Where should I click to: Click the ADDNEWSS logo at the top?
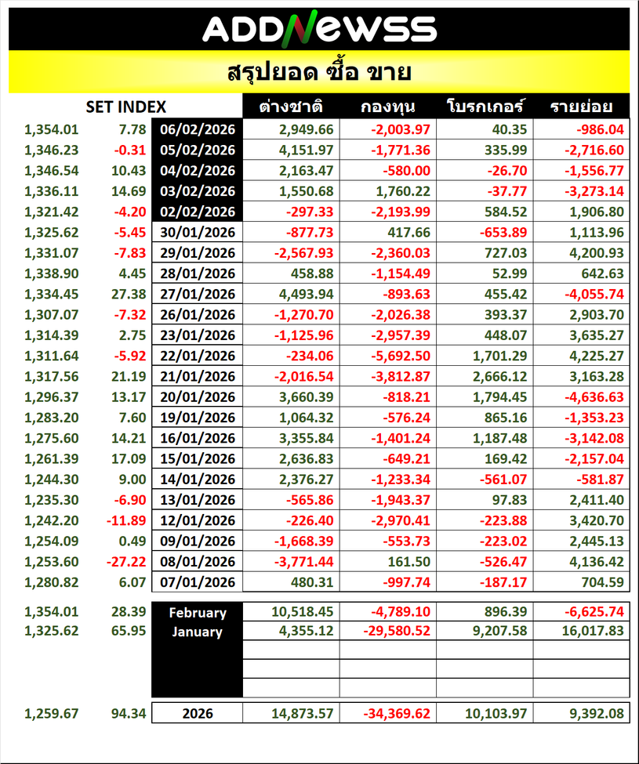pyautogui.click(x=319, y=29)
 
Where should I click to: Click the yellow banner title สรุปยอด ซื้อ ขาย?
pyautogui.click(x=319, y=73)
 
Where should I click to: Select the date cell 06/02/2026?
pyautogui.click(x=197, y=129)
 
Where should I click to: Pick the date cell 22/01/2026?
pyautogui.click(x=197, y=356)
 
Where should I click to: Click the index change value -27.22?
pyautogui.click(x=125, y=561)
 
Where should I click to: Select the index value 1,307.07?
pyautogui.click(x=51, y=315)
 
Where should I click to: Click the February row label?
pyautogui.click(x=197, y=613)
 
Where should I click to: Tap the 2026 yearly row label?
pyautogui.click(x=197, y=714)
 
